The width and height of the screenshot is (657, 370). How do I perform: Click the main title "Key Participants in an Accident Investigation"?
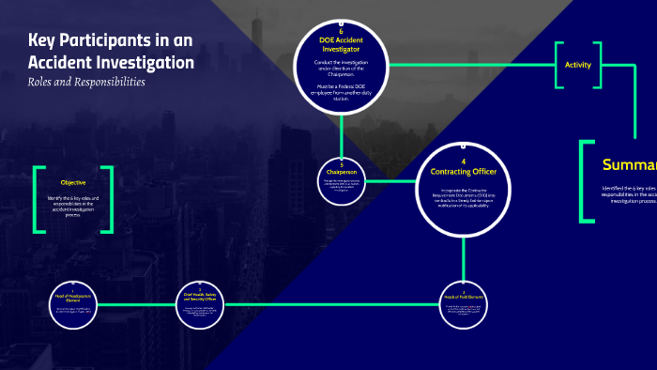pos(111,53)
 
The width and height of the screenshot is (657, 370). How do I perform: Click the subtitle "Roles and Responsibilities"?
pos(86,82)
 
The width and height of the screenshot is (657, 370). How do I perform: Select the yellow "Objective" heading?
pos(73,182)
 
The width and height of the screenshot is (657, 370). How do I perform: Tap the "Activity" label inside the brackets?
pos(578,65)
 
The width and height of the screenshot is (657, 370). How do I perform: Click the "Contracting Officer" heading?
pos(464,172)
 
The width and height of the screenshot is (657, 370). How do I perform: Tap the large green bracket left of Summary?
pos(586,181)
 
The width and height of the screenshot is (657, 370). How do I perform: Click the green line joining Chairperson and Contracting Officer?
pos(389,178)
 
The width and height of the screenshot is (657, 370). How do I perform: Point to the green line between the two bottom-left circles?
pos(137,303)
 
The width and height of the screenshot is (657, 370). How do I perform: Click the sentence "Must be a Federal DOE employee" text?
pos(341,90)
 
